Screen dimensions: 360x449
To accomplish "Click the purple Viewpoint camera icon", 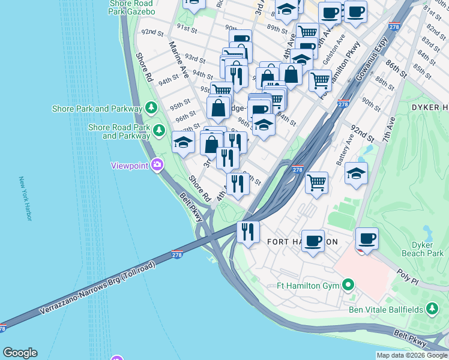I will (x=157, y=165).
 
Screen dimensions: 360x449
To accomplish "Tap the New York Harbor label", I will (x=25, y=199).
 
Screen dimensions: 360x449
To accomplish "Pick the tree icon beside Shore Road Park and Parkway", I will (x=158, y=130).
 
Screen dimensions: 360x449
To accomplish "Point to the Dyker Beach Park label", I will (x=427, y=249).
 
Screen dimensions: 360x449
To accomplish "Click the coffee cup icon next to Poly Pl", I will (x=367, y=239).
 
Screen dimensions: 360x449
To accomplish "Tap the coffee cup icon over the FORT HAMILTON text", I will (x=313, y=241).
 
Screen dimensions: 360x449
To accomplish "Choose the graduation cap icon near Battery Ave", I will (x=357, y=173).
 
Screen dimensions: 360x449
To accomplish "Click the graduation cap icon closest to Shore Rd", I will (x=184, y=142).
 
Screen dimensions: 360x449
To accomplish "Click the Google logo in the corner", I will (x=20, y=353).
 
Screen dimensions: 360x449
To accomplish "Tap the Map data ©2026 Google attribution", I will (x=412, y=355).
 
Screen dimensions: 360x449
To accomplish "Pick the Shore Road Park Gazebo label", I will (x=132, y=7).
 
